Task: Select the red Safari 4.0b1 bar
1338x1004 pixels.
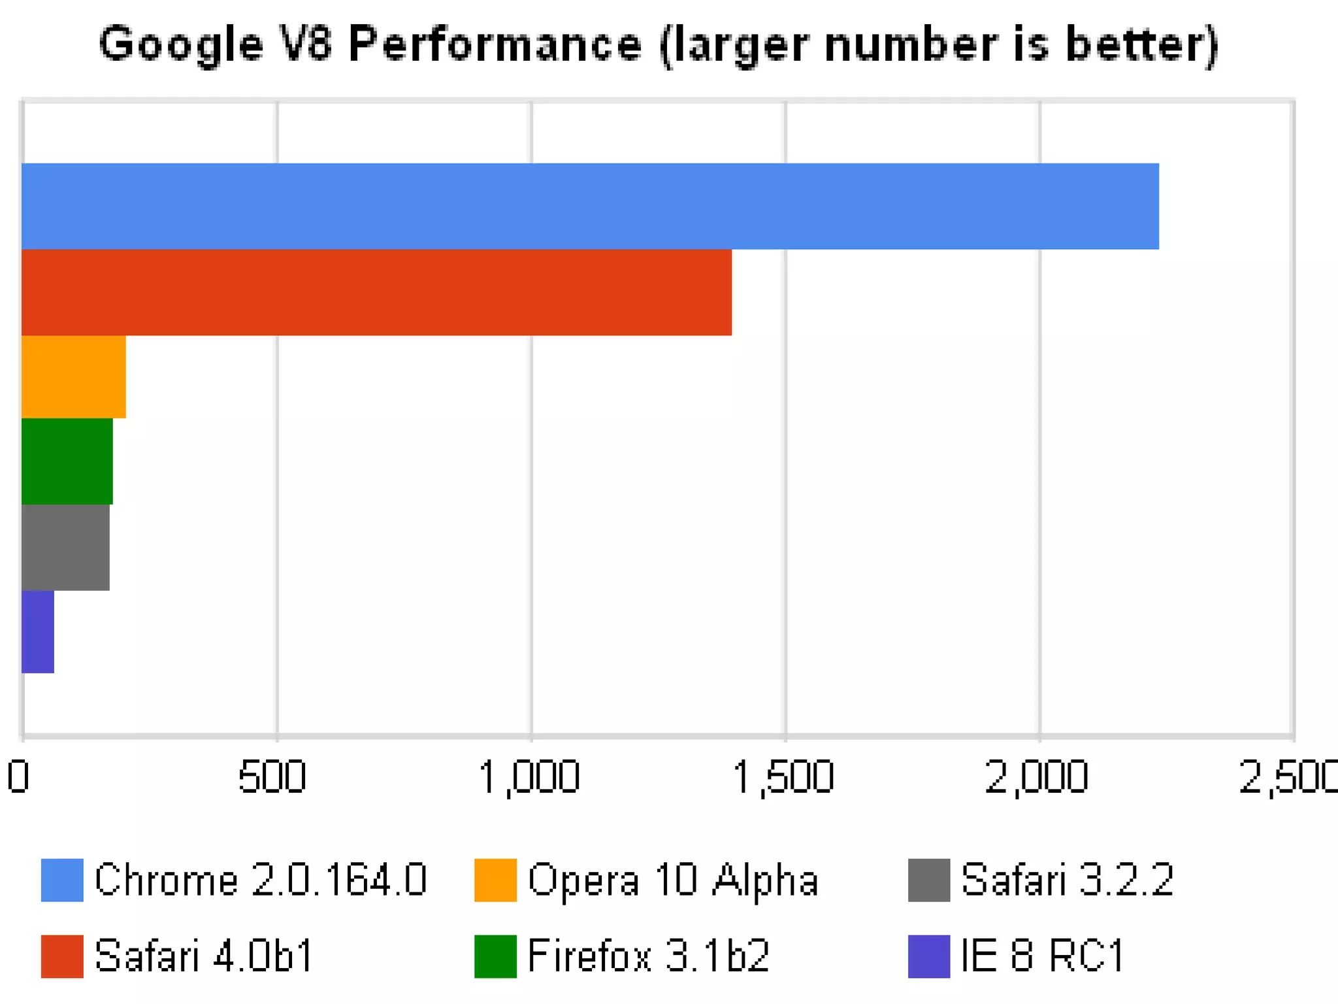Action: pos(376,292)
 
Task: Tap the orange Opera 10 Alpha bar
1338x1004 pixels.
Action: pos(74,376)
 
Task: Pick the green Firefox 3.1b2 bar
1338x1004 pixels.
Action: pos(67,461)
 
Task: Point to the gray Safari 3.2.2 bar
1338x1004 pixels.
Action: pos(65,547)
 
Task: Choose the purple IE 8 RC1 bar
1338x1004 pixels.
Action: pos(38,631)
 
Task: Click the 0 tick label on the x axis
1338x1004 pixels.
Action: pos(18,777)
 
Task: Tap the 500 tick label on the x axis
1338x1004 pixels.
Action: pos(272,777)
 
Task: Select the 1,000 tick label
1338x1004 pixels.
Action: pos(529,777)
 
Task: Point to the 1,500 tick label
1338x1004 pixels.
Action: pos(783,777)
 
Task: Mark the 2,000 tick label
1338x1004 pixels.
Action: pos(1037,777)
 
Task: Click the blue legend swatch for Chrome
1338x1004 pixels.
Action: pos(62,880)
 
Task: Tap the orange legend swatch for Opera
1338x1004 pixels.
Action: pos(495,880)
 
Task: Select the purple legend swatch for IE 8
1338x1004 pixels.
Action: pos(928,956)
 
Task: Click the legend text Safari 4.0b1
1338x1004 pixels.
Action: pos(204,956)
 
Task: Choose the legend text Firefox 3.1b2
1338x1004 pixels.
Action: pos(648,956)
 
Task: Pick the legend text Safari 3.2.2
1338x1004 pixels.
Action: pos(1067,880)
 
